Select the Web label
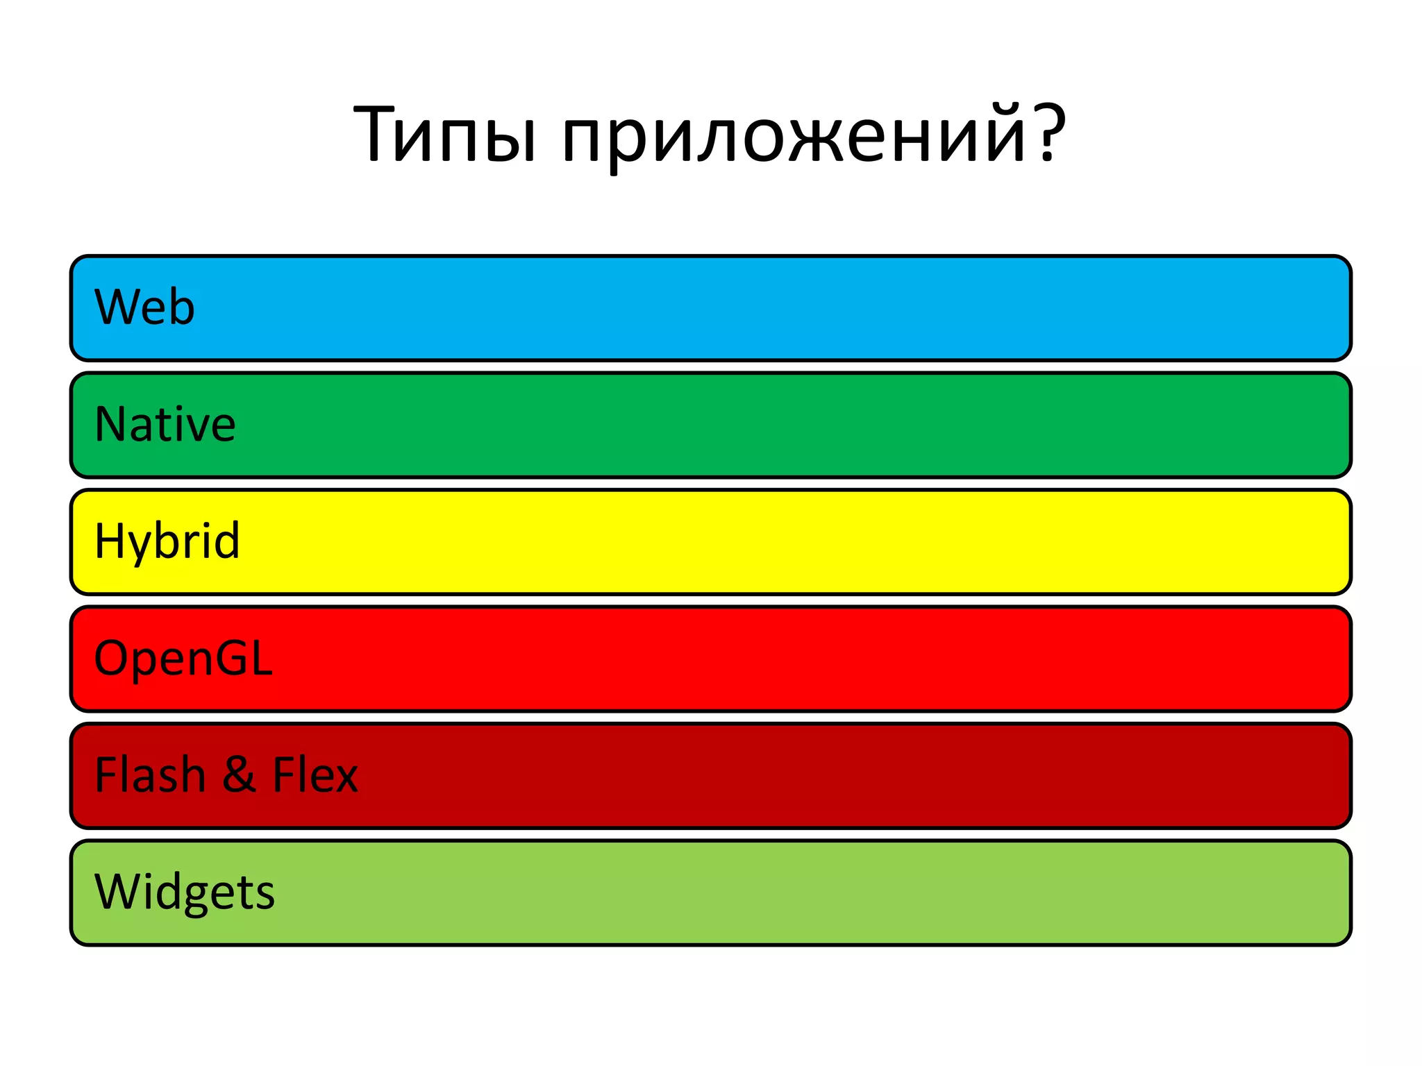click(144, 307)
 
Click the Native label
click(165, 424)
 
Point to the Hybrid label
click(167, 541)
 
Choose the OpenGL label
click(183, 658)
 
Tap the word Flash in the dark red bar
click(150, 775)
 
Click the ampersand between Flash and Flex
click(239, 775)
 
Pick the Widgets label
click(185, 892)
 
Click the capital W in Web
click(117, 307)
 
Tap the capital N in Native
click(108, 424)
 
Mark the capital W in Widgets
click(117, 891)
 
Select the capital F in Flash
click(106, 775)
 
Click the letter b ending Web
click(182, 307)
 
